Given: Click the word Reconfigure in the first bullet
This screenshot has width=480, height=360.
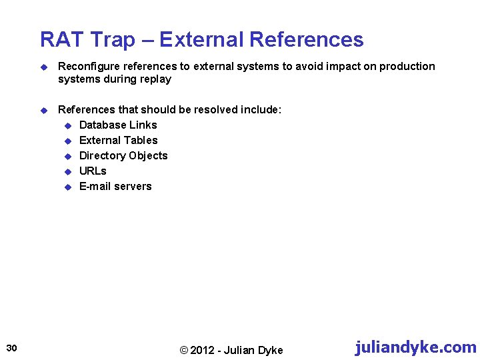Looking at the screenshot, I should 87,67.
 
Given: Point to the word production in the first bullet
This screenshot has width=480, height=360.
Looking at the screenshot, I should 409,67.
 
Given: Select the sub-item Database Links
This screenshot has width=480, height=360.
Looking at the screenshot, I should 118,125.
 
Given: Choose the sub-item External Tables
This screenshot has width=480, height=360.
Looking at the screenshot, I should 119,141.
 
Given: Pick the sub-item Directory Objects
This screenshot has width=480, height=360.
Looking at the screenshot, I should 123,156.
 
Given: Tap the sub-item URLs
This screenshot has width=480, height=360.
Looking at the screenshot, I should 93,171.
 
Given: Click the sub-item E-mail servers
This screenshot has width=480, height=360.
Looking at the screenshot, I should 115,187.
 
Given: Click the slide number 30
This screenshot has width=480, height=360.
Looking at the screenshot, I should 11,347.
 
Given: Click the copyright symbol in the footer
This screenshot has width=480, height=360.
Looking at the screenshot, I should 185,351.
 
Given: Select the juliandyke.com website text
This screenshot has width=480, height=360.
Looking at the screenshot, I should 416,347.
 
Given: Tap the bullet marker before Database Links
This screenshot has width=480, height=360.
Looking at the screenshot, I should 67,125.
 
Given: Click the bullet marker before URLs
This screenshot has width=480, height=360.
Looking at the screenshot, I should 67,171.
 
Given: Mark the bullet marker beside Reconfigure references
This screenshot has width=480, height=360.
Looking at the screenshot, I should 44,67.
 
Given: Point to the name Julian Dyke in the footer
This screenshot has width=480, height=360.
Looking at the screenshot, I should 254,351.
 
